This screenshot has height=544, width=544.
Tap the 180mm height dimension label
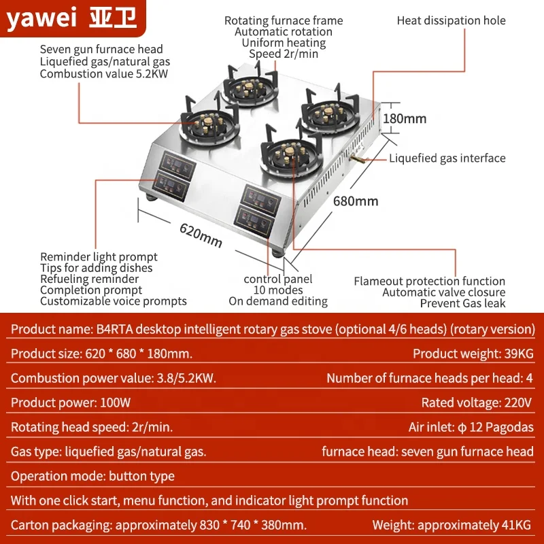click(405, 118)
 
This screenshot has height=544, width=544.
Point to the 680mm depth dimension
click(355, 201)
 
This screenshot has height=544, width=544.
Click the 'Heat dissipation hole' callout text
click(451, 20)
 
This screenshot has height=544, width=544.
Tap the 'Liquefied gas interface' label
click(447, 158)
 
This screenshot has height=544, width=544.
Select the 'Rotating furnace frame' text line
click(284, 20)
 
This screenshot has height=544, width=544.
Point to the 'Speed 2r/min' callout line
click(284, 54)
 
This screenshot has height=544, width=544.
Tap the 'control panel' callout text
click(278, 279)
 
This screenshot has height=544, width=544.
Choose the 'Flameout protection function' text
click(429, 281)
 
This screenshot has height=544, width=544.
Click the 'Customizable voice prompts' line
click(114, 301)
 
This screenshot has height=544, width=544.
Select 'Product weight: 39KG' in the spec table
click(473, 354)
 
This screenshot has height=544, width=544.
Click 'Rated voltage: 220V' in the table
click(477, 403)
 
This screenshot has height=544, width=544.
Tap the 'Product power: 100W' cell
click(71, 403)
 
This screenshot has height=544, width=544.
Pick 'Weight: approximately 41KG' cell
click(452, 525)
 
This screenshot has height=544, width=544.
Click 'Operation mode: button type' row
click(93, 476)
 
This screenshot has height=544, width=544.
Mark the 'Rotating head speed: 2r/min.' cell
click(92, 427)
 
